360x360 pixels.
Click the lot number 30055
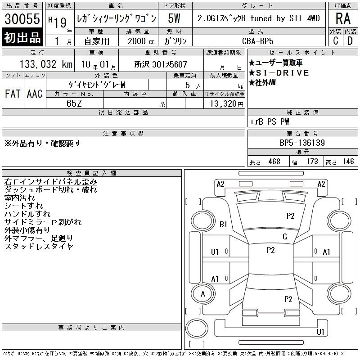22,19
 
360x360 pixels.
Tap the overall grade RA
343,18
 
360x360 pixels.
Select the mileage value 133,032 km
46,64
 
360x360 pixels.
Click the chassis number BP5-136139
302,143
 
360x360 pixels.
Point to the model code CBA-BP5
258,41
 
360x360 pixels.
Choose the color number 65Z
74,103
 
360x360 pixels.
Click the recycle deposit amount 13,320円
227,104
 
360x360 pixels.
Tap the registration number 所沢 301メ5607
161,64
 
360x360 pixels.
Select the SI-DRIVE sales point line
279,73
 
